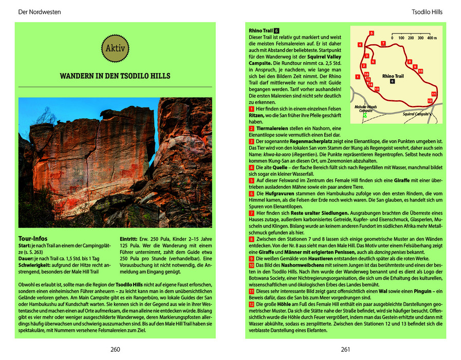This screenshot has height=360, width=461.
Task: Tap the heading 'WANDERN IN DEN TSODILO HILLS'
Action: (x=115, y=77)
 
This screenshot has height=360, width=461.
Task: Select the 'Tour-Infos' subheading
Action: (x=32, y=239)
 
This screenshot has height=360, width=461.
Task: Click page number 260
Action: (x=115, y=350)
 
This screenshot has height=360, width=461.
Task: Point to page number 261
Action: (x=345, y=350)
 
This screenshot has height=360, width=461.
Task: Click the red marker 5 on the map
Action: (x=372, y=33)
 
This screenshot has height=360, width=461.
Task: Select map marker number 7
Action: (x=383, y=43)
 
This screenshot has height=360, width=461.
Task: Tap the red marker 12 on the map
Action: (x=430, y=101)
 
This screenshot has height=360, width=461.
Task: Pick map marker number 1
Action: (x=357, y=77)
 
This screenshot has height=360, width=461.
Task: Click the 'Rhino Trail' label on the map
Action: (x=393, y=76)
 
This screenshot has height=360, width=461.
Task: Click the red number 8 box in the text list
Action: (x=251, y=239)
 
